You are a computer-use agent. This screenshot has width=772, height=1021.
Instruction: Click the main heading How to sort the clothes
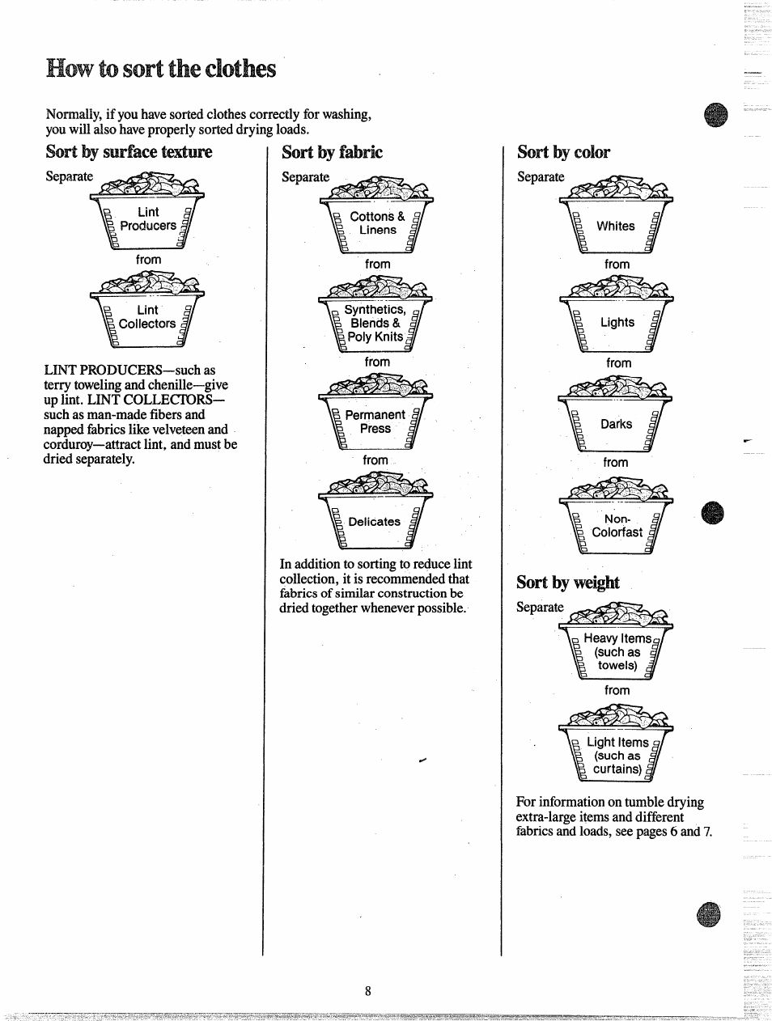point(161,69)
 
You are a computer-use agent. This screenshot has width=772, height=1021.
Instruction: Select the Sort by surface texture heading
point(129,152)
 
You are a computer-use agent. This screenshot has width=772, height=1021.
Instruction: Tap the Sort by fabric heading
point(332,152)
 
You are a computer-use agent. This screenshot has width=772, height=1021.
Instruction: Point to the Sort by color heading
point(563,152)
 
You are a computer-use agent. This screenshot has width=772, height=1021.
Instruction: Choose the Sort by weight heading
point(567,583)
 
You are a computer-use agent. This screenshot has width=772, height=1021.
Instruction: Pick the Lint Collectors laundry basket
point(147,315)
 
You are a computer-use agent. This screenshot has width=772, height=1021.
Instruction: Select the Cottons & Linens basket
point(377,221)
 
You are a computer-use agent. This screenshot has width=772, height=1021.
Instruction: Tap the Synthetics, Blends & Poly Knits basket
point(375,320)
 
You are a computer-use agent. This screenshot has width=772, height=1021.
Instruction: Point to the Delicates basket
point(375,519)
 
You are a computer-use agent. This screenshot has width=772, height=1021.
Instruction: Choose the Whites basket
point(616,222)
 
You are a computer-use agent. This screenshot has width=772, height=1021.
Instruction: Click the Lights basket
point(617,320)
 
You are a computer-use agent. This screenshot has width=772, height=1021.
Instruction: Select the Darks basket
point(616,421)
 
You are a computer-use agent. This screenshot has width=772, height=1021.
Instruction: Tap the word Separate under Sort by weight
point(540,608)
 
